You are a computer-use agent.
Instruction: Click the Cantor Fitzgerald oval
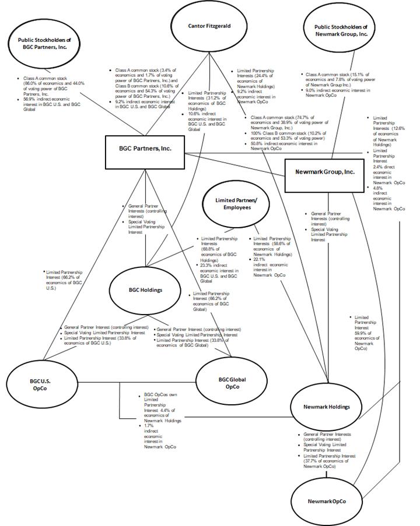coord(209,26)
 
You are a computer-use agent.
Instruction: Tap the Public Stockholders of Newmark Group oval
coord(341,30)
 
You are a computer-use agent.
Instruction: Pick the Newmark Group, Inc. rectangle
coord(324,172)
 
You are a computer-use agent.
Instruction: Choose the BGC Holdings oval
coord(145,290)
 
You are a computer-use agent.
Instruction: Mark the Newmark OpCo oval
coord(325,501)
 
